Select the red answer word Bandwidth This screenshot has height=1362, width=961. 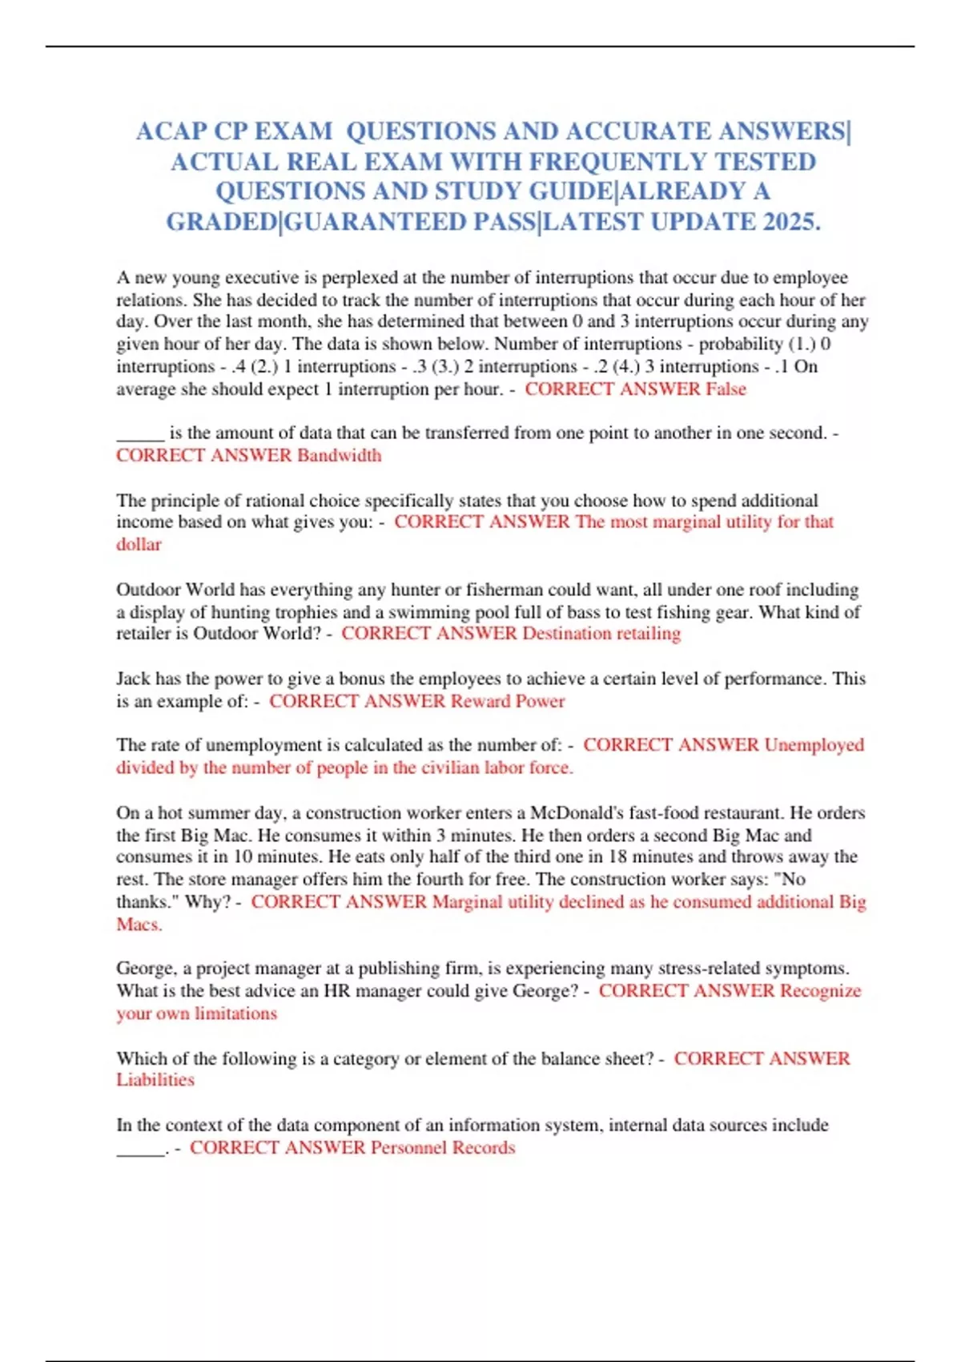339,455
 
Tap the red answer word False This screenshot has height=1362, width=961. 726,389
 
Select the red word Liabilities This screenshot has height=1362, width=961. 155,1080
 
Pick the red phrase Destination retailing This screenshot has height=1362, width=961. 601,634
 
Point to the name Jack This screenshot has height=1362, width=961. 133,679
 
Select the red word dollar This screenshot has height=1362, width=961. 139,545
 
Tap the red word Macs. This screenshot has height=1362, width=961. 139,925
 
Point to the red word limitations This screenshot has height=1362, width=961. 236,1013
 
